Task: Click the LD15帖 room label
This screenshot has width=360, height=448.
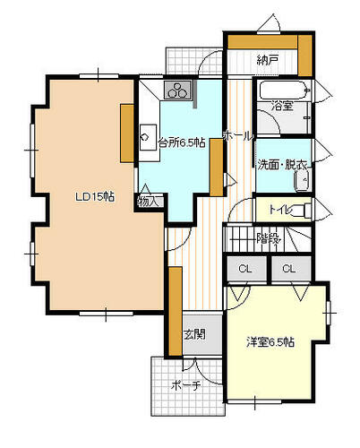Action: (x=94, y=197)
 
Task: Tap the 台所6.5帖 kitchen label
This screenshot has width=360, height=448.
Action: (x=181, y=142)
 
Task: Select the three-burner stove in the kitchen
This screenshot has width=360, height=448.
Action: (x=177, y=90)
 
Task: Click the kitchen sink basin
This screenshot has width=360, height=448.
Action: (x=149, y=137)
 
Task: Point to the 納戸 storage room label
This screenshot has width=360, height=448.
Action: (x=268, y=61)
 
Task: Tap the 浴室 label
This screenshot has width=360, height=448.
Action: (x=282, y=106)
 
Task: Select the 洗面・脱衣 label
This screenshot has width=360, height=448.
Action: (x=282, y=165)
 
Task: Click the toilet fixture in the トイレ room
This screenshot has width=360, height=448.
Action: (x=301, y=211)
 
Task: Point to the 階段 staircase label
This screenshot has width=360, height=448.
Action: (x=269, y=238)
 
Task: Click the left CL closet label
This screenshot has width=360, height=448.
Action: (x=245, y=269)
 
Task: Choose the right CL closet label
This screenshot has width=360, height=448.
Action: (x=289, y=269)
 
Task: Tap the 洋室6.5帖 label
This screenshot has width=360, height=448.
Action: (x=270, y=342)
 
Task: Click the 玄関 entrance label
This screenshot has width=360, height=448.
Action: (x=194, y=334)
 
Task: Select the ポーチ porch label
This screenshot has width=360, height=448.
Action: (x=185, y=386)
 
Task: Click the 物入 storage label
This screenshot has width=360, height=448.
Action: (x=148, y=202)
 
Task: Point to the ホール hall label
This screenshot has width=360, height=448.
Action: (x=238, y=136)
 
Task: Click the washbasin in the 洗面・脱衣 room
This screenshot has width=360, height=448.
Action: (x=303, y=180)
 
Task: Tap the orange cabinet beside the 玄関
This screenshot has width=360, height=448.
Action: (x=176, y=311)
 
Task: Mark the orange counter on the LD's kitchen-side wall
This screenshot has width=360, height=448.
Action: (x=127, y=134)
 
